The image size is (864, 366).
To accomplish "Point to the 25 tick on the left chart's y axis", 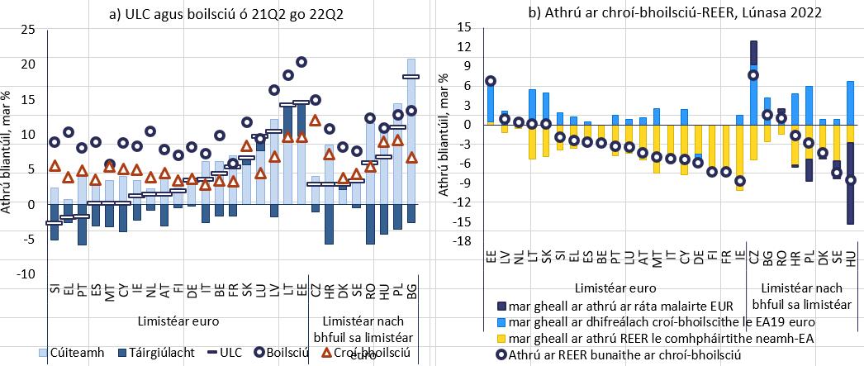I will [x=28, y=30].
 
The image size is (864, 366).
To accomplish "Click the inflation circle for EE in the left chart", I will [x=301, y=62].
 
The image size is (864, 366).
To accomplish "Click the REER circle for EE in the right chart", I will [x=491, y=81].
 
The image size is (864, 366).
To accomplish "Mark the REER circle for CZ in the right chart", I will [x=753, y=75].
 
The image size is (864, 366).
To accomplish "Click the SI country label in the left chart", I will [x=54, y=288].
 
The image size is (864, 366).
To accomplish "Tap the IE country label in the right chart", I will [x=739, y=259].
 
